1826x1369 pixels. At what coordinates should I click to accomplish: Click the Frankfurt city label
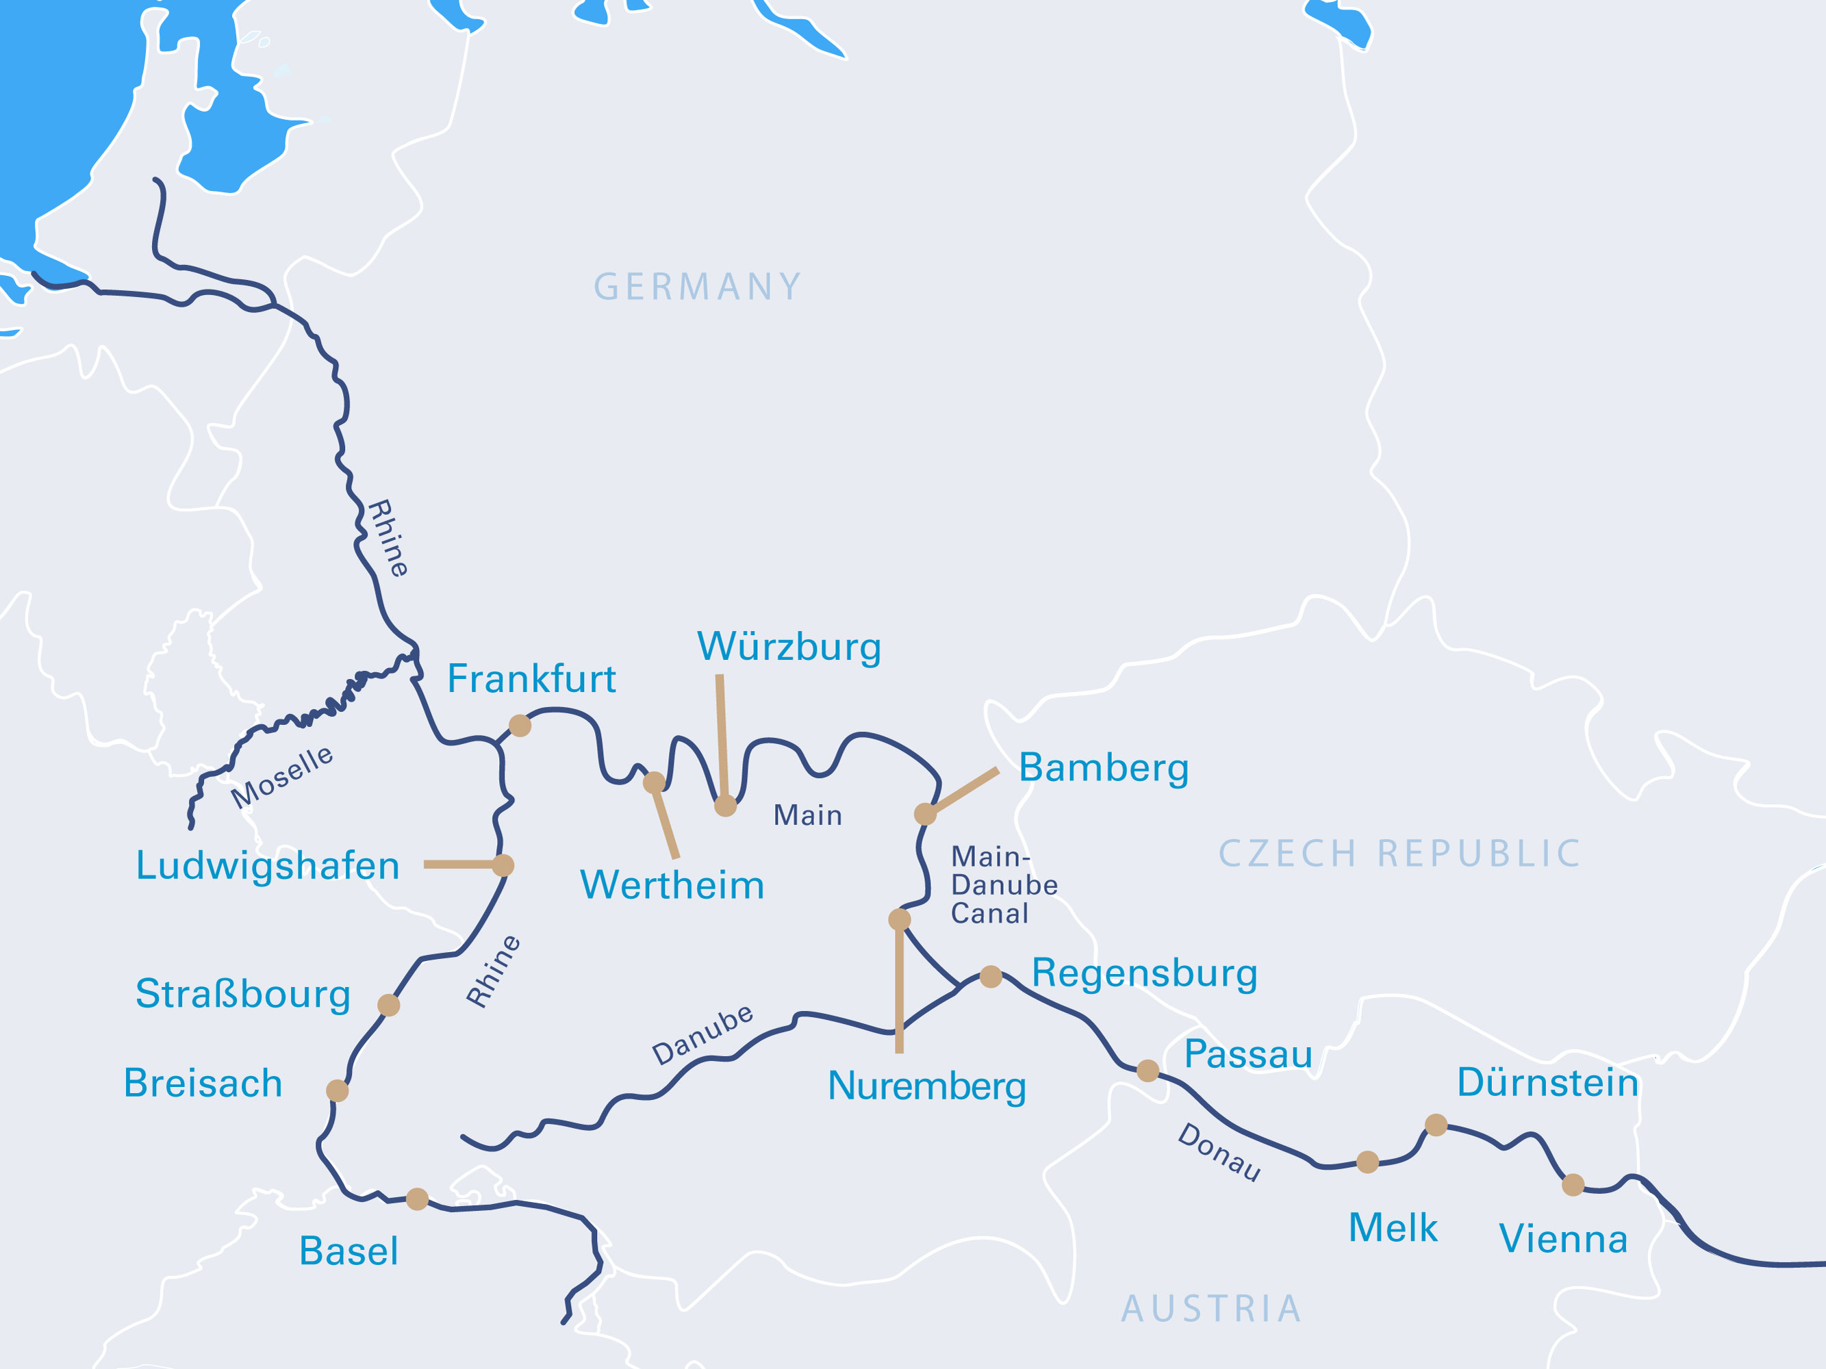[x=531, y=679]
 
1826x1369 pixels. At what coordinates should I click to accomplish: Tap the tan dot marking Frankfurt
[x=520, y=726]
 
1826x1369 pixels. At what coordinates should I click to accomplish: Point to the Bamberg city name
[x=1103, y=767]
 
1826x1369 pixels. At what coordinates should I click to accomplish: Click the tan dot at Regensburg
[x=991, y=977]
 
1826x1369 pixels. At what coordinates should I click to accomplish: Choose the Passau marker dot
[x=1147, y=1071]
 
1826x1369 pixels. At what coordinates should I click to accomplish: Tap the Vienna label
[x=1562, y=1239]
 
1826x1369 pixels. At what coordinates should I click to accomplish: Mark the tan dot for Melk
[x=1368, y=1162]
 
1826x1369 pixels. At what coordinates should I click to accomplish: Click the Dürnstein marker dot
[x=1436, y=1125]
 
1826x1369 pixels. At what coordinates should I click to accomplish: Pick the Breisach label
[x=203, y=1083]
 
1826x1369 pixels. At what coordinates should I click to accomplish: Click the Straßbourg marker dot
[x=389, y=1005]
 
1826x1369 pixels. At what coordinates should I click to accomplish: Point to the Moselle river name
[x=281, y=778]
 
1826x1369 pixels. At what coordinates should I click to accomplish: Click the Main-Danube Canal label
[x=1003, y=884]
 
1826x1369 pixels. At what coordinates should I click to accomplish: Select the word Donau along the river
[x=1219, y=1152]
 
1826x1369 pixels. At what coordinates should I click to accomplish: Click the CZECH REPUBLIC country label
[x=1399, y=854]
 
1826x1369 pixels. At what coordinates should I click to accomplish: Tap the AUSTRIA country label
[x=1211, y=1309]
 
